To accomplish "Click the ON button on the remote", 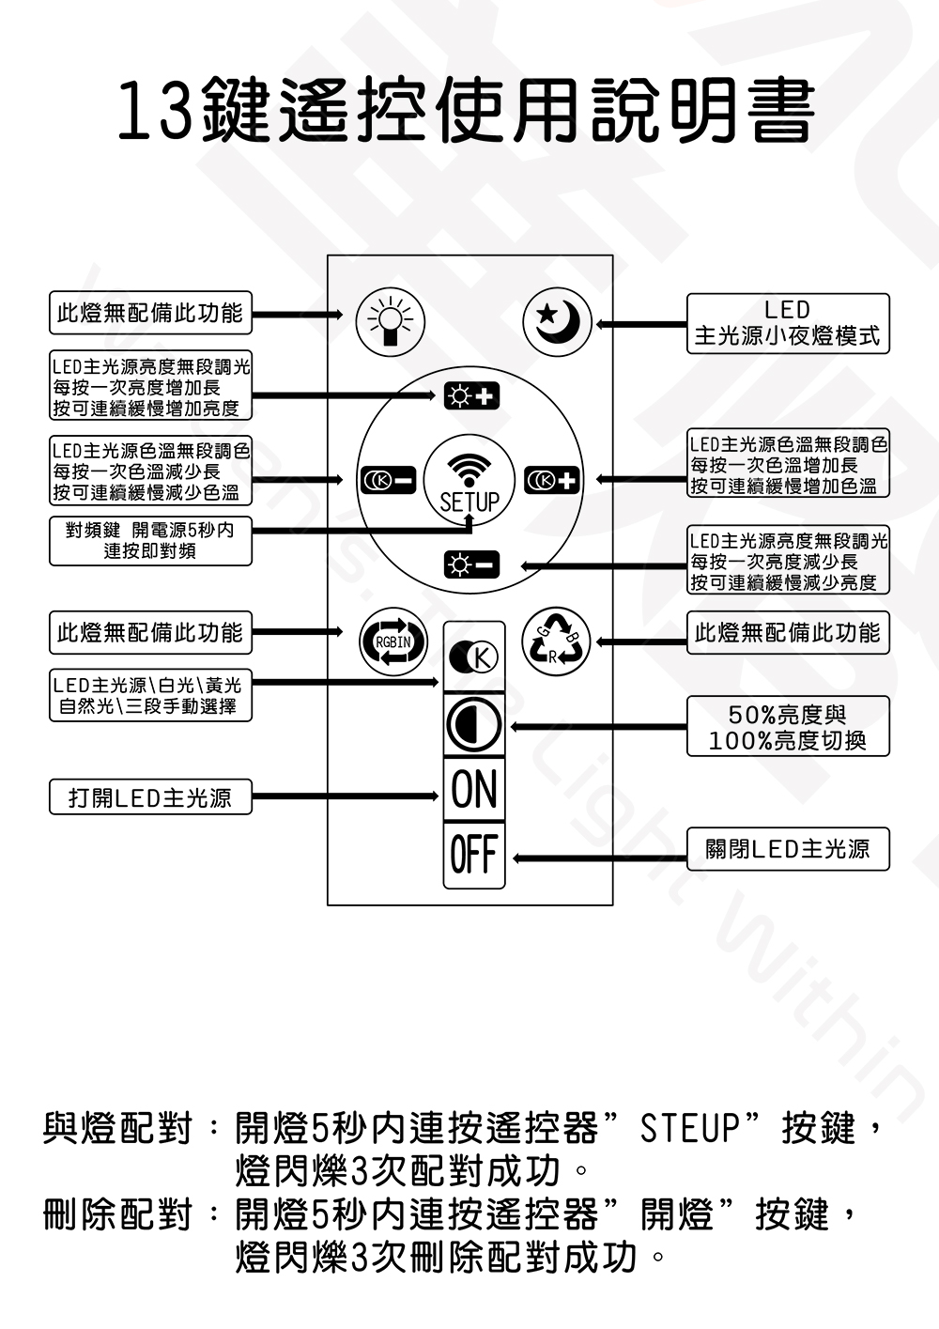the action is [474, 789].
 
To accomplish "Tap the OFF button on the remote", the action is [474, 855].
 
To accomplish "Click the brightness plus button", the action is [471, 396].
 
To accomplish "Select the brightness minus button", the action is [471, 564].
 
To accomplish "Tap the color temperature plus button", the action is [551, 480].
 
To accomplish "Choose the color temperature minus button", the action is [388, 480].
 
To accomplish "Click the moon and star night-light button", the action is [557, 322].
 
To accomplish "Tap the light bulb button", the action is [391, 322].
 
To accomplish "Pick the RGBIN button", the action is [393, 641].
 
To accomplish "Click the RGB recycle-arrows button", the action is [556, 641].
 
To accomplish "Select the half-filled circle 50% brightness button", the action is [474, 724].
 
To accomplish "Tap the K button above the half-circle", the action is [474, 657].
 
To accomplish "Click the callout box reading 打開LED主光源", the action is [150, 796].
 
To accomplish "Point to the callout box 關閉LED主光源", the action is [789, 849].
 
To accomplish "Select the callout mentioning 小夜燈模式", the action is [789, 323].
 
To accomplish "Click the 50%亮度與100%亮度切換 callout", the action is [789, 726].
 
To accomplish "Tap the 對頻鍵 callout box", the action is [150, 541].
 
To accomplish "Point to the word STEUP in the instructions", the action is [690, 1128].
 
